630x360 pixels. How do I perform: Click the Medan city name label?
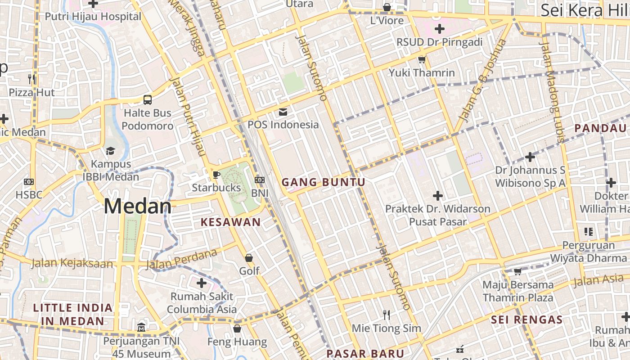tap(137, 207)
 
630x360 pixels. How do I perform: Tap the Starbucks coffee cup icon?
tap(216, 175)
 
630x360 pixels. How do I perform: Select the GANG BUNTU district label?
tap(323, 182)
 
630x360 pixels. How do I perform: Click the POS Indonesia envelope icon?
tap(283, 112)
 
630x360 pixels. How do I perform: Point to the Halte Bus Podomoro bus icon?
tap(148, 100)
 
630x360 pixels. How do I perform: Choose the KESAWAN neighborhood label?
tap(230, 222)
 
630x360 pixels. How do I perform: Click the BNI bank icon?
tap(260, 180)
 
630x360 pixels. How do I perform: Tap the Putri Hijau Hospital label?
tap(93, 17)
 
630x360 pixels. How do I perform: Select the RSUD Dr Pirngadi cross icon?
tap(439, 29)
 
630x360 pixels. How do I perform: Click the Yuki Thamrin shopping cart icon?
tap(422, 59)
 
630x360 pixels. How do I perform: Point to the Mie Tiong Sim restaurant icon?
tap(386, 315)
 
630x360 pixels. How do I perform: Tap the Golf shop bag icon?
tap(249, 258)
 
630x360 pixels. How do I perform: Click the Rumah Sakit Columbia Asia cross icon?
tap(202, 283)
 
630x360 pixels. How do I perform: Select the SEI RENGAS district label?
tap(526, 320)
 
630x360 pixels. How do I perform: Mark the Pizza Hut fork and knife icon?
tap(31, 79)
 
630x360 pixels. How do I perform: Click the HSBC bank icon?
tap(29, 182)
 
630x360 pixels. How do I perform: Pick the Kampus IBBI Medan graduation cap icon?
tap(110, 150)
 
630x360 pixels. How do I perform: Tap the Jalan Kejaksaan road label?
tap(72, 263)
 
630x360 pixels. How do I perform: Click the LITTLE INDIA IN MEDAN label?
tap(73, 315)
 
